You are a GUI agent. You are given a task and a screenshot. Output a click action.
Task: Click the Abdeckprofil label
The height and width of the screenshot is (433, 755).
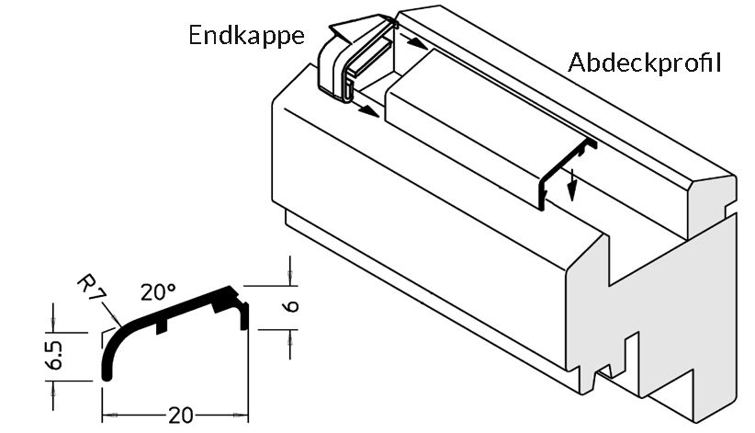coord(643,63)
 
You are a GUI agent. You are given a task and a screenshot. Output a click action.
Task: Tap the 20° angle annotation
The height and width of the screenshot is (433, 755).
coord(158,292)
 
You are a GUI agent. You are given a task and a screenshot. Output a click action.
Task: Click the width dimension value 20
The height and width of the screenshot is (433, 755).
coord(181,415)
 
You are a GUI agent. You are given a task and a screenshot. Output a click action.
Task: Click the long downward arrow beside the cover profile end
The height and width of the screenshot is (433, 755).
coord(571,183)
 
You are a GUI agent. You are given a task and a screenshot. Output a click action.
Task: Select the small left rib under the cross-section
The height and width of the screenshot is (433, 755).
coord(161,325)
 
